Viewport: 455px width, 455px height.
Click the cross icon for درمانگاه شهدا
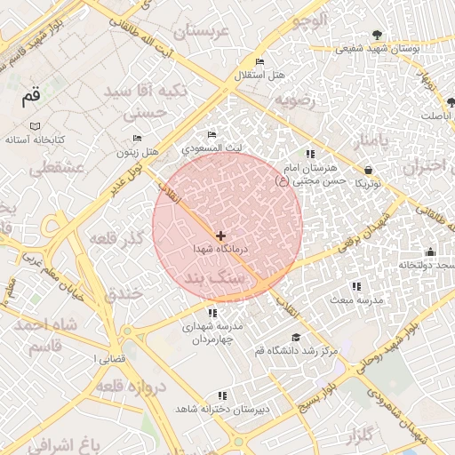coord(220,235)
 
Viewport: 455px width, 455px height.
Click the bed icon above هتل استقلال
coord(259,61)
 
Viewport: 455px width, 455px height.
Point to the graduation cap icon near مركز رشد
coord(296,338)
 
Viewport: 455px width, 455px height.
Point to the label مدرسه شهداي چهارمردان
coord(212,333)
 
